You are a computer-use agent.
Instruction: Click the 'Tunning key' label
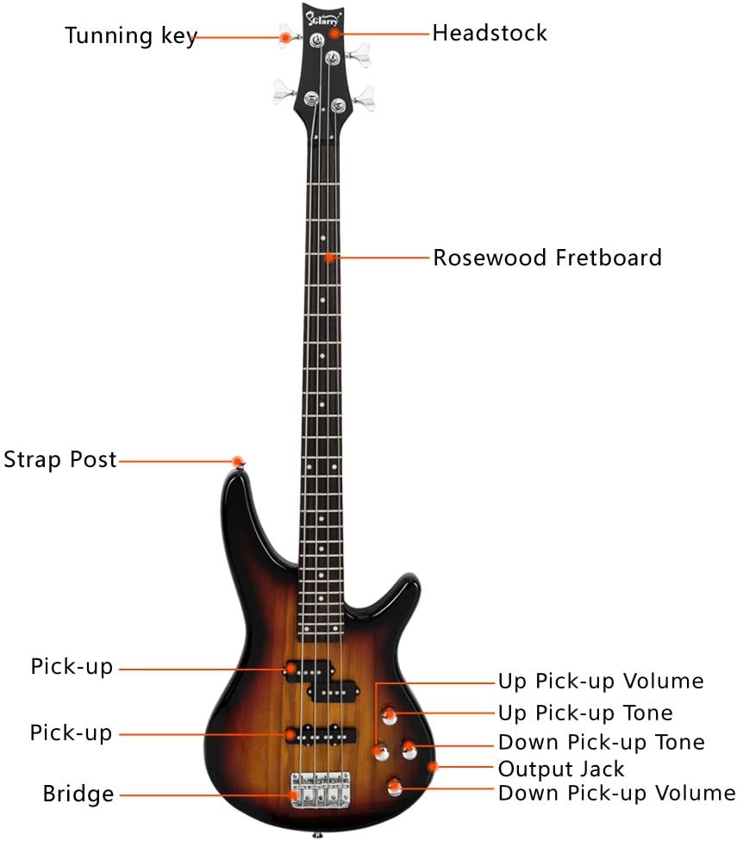pos(130,36)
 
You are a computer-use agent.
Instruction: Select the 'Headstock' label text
pos(489,34)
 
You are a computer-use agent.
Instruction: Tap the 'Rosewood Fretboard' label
pos(547,257)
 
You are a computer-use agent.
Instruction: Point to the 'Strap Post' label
pos(59,459)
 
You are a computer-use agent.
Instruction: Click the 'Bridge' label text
pos(78,794)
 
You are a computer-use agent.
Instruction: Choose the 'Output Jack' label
pos(560,768)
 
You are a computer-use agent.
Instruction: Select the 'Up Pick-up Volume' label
pos(600,682)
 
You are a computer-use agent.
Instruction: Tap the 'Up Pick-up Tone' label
pos(584,713)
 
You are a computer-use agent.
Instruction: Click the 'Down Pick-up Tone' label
pos(601,742)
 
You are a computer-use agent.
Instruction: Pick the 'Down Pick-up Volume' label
pos(616,793)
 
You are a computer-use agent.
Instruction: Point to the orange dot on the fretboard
pos(329,257)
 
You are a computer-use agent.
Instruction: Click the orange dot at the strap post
pos(239,461)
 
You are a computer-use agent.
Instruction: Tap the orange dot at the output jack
pos(434,765)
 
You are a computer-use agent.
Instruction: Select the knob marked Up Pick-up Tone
pos(390,714)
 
